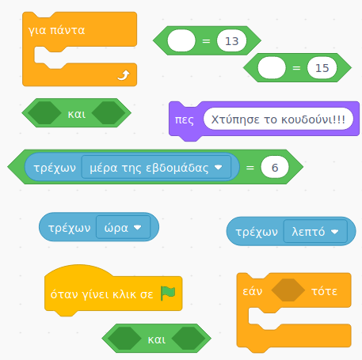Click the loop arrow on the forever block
pos(124,75)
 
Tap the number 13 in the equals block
pos(231,41)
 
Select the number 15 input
pos(322,68)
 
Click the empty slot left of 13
pos(181,41)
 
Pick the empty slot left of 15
pos(272,68)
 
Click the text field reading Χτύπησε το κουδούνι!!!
pos(278,119)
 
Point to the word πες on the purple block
pos(185,119)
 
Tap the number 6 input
pos(275,167)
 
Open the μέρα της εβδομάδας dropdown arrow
pos(219,167)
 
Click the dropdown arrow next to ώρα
pos(138,227)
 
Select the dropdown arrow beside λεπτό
pos(334,232)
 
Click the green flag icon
pos(168,293)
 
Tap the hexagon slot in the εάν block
pos(288,290)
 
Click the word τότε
pos(324,291)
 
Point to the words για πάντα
pos(56,31)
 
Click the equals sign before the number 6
pos(250,168)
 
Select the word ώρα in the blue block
pos(116,227)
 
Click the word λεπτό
pos(308,232)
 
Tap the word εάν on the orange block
pos(253,291)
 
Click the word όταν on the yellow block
pos(64,294)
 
